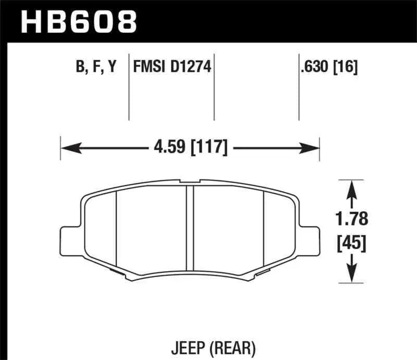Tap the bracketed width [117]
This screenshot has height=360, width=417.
208,148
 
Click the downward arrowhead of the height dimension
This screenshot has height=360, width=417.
352,275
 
